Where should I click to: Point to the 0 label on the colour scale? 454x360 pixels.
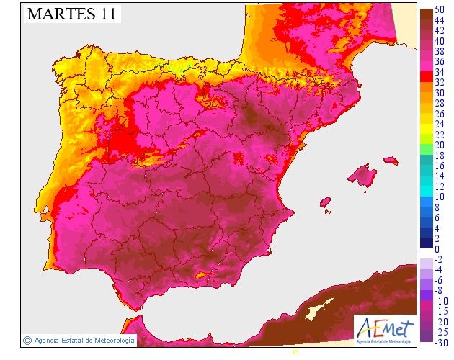pyautogui.click(x=438, y=249)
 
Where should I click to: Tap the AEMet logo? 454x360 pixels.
pyautogui.click(x=386, y=328)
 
